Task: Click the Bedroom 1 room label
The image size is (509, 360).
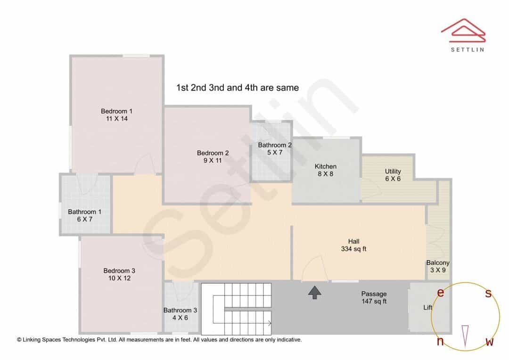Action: point(116,111)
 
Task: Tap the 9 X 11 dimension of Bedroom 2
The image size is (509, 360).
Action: point(213,160)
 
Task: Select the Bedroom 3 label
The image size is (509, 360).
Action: point(119,271)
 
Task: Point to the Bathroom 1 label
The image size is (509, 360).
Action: point(84,212)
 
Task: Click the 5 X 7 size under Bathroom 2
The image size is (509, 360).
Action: point(275,152)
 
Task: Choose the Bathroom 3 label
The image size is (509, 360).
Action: point(180,311)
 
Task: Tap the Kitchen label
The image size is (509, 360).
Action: point(326,166)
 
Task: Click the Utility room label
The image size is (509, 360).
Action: point(393,171)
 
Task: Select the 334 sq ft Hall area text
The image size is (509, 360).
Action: point(353,249)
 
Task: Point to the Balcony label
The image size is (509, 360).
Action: point(438,262)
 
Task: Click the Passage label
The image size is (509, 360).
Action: point(374,294)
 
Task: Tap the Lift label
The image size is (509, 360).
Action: point(427,307)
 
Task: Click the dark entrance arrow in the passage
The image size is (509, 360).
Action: point(314,293)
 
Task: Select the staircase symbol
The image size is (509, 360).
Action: point(236,309)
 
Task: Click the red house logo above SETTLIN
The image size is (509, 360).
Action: point(463,31)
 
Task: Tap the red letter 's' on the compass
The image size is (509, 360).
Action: point(488,293)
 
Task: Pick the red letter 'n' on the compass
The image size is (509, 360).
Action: point(440,341)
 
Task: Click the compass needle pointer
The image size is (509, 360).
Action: point(465,336)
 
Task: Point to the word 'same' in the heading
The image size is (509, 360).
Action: point(287,88)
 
